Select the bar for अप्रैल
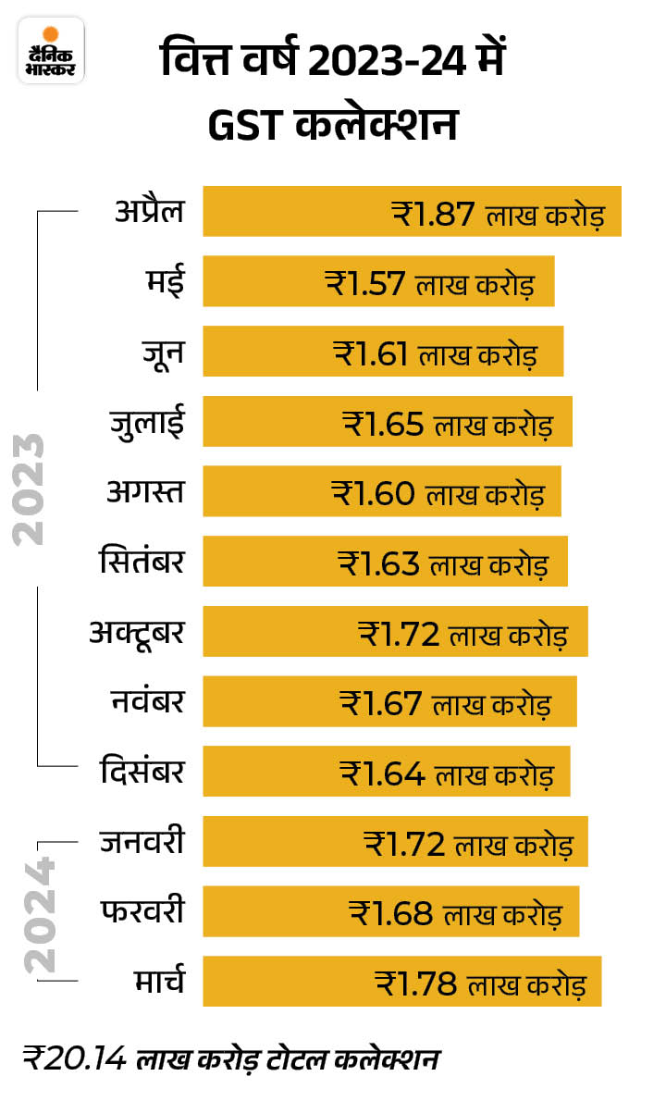click(412, 211)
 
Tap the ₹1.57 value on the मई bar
click(364, 282)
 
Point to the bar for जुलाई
click(387, 422)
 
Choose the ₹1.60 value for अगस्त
click(374, 492)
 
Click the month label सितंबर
click(142, 562)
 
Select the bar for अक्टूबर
click(395, 632)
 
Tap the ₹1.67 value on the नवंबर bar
click(381, 702)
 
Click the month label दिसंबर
click(142, 772)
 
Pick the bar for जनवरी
click(395, 842)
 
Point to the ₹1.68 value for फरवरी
click(391, 912)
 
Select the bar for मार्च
click(401, 982)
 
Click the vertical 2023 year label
click(30, 489)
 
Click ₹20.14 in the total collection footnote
click(74, 1058)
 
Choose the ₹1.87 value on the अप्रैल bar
click(434, 213)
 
